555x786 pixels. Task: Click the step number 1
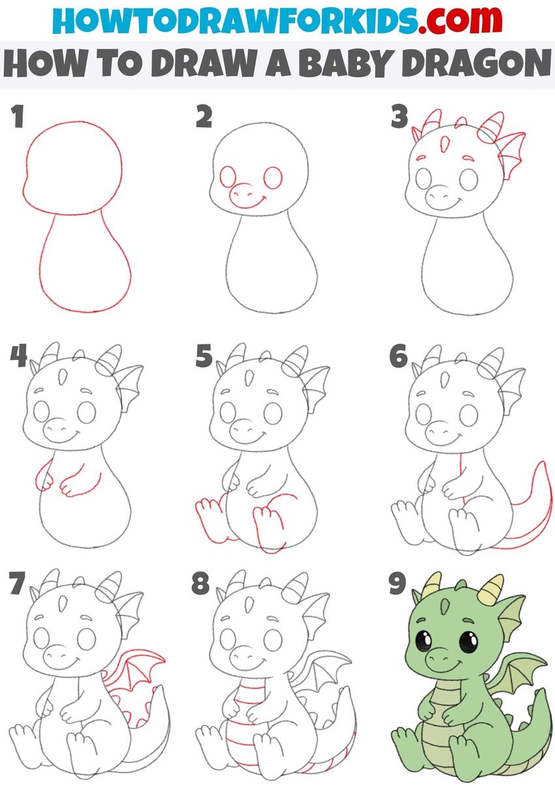tap(18, 118)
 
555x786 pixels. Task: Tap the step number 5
tap(204, 357)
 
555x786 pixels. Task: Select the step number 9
tap(397, 585)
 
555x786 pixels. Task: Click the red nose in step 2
tap(242, 192)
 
